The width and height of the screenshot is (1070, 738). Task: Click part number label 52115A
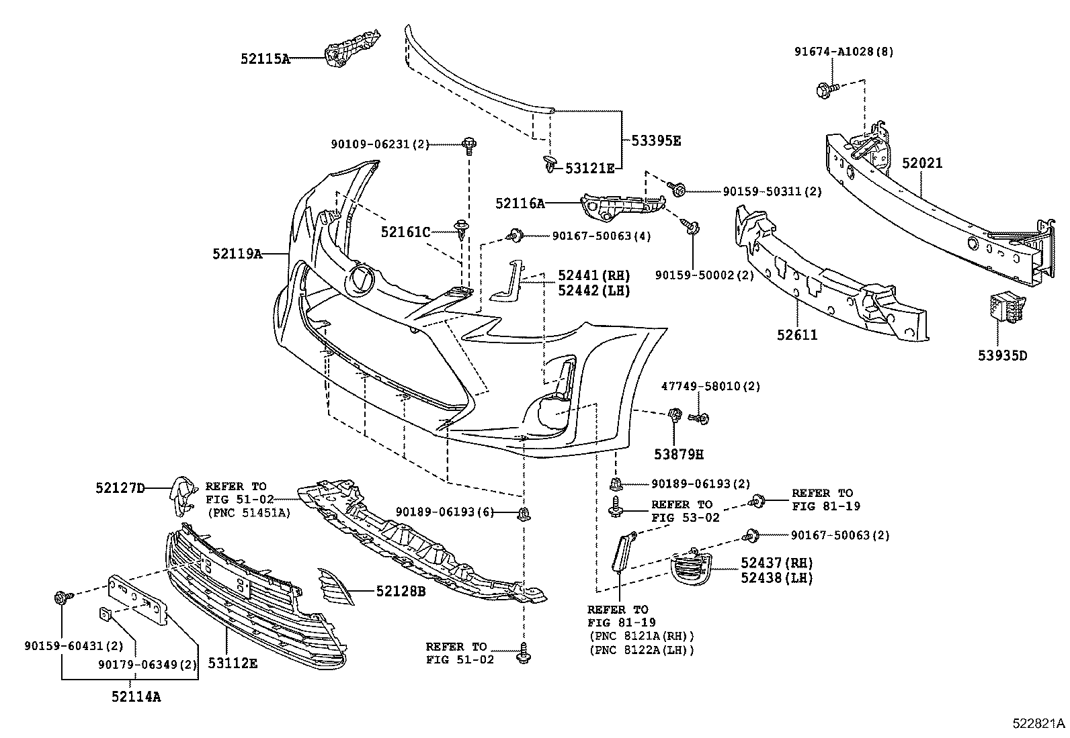click(x=265, y=59)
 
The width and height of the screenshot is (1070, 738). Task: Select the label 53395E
click(x=655, y=141)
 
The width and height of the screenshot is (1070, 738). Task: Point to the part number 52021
click(x=922, y=163)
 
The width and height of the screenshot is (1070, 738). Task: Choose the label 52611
click(x=797, y=334)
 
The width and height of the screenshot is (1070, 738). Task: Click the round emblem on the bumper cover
click(x=361, y=279)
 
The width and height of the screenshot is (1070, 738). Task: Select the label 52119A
click(x=237, y=254)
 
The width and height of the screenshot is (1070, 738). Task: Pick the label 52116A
click(x=520, y=203)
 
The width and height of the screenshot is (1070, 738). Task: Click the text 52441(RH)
click(x=593, y=275)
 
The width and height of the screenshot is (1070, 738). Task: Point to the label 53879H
click(x=678, y=454)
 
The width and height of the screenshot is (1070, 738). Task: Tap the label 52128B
click(x=401, y=592)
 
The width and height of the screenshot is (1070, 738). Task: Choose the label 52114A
click(x=136, y=696)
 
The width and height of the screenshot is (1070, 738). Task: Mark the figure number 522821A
click(x=1039, y=723)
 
